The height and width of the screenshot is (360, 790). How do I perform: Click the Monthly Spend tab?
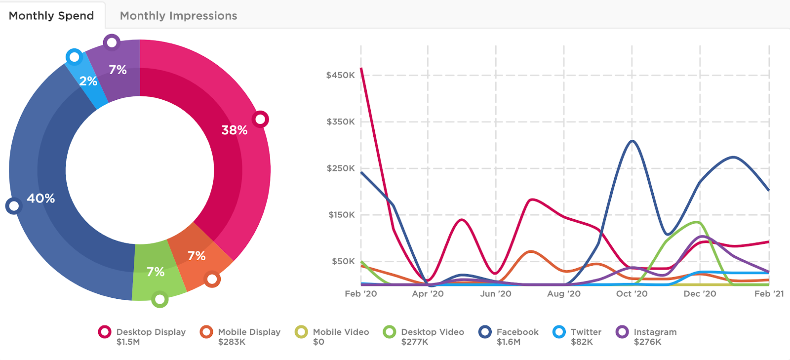[51, 16]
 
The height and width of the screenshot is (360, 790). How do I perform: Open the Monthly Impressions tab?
[178, 16]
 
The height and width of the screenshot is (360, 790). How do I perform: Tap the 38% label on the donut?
[234, 130]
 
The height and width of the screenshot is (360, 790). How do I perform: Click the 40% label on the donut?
[40, 198]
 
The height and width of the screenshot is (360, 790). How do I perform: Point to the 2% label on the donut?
[88, 81]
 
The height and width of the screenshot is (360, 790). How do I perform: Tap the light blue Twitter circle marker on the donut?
[74, 57]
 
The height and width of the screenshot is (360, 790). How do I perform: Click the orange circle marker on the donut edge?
[212, 279]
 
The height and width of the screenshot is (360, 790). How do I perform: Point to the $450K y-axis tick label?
[340, 75]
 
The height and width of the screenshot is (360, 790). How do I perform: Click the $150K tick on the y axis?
[341, 215]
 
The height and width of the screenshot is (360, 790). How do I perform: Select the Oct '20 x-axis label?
[632, 294]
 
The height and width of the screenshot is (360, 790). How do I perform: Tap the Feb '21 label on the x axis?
[769, 294]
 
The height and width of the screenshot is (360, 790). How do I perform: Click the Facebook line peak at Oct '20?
[632, 141]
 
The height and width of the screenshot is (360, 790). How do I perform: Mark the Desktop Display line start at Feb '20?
[361, 69]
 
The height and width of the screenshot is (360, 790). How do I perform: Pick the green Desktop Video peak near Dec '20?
[697, 222]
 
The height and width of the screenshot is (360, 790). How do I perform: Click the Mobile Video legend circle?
[301, 332]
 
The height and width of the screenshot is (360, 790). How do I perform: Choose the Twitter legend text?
[586, 332]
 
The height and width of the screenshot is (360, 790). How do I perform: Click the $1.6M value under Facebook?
[508, 342]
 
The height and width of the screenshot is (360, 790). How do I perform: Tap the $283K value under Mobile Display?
[232, 342]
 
